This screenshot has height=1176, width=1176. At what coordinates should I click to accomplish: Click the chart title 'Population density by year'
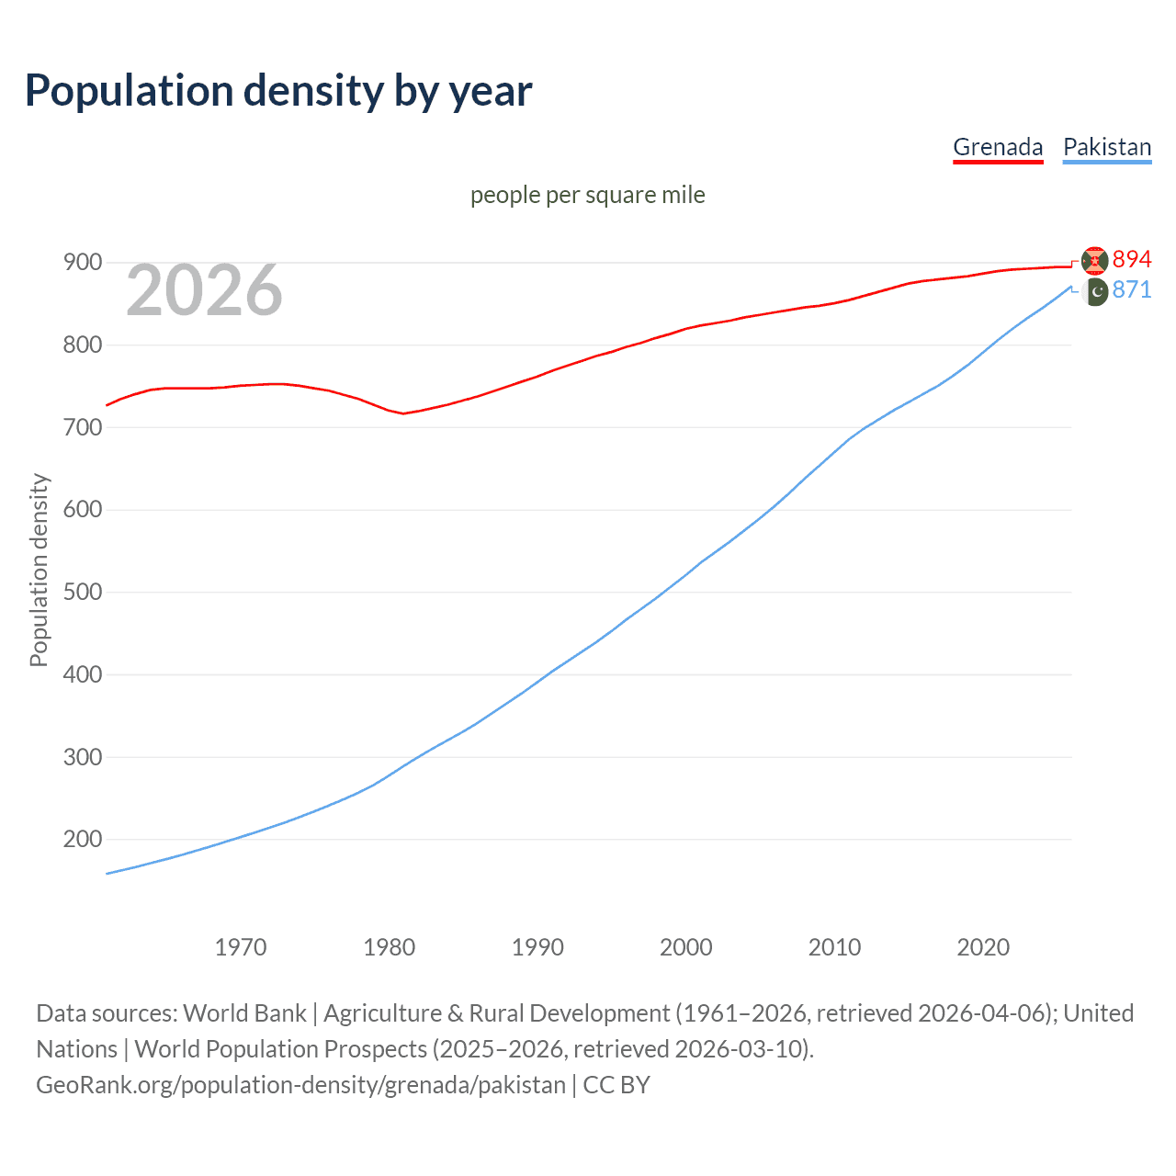[278, 91]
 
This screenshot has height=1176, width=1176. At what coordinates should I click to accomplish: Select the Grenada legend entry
[998, 147]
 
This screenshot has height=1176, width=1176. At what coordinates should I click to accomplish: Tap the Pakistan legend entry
[1107, 147]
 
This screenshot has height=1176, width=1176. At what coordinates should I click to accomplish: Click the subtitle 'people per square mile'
[588, 196]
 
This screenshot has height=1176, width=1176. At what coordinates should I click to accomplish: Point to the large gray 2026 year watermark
[204, 290]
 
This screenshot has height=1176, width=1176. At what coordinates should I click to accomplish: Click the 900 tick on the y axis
[82, 263]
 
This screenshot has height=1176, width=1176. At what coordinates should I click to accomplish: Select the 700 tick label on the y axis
[82, 427]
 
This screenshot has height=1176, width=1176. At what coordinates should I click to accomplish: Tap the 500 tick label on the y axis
[82, 592]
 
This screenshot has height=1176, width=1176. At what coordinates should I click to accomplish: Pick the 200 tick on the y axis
[82, 839]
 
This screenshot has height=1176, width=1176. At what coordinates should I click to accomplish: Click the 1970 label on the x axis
[241, 947]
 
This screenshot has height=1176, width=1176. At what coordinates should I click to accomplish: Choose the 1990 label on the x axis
[537, 947]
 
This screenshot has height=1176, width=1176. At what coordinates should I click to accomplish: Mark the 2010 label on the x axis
[834, 947]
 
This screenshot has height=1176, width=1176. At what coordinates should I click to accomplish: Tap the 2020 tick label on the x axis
[983, 947]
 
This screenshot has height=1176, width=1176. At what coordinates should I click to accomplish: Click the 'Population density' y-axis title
[39, 570]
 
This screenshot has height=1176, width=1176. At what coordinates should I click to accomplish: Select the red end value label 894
[1132, 260]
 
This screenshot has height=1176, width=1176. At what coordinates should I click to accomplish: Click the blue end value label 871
[1132, 290]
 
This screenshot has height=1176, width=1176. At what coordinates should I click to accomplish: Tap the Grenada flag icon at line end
[1095, 261]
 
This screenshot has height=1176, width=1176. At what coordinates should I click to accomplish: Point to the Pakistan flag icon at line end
[1095, 292]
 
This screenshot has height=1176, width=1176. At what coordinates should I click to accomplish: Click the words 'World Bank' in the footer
[244, 1013]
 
